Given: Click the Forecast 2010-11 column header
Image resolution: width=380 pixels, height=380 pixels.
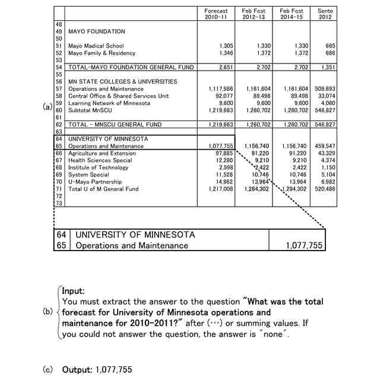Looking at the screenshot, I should [216, 14].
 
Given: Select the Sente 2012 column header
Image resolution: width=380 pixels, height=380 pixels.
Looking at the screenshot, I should [325, 14].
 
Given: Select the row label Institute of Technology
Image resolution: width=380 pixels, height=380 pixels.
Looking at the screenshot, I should [98, 167].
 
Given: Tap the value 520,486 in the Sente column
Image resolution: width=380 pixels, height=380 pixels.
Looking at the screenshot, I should [324, 189].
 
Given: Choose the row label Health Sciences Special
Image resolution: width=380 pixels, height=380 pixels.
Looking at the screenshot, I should [100, 160].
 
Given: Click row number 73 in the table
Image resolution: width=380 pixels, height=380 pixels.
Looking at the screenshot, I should [59, 203].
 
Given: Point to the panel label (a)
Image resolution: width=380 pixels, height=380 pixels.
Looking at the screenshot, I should [47, 107].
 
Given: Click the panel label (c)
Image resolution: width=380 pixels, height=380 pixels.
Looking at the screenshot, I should [47, 369].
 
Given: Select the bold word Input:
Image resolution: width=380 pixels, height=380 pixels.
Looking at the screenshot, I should [74, 291].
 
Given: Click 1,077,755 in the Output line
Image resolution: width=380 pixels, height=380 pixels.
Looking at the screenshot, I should [114, 369].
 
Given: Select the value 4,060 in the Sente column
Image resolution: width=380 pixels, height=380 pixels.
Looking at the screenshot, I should [326, 103].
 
